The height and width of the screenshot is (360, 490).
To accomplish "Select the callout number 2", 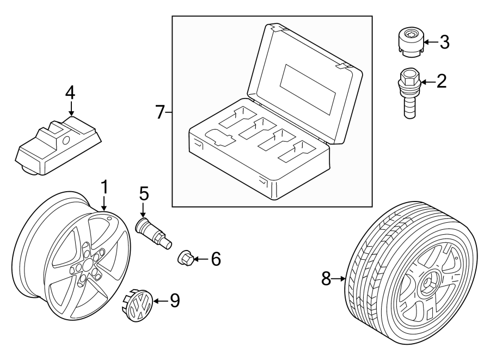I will (x=441, y=82).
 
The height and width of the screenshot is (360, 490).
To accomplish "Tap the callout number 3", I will (x=444, y=42).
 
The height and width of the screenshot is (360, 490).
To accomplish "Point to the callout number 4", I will (x=70, y=92).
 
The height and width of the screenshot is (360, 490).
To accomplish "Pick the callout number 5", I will (x=143, y=193).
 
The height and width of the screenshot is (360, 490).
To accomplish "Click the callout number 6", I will (x=216, y=259).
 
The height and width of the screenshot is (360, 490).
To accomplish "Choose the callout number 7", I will (x=160, y=112).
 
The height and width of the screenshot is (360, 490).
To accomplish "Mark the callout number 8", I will (x=326, y=279).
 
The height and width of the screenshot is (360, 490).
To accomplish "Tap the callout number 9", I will (x=174, y=300).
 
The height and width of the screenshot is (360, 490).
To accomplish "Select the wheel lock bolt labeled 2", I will (x=408, y=93).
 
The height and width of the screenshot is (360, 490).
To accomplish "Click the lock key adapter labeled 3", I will (x=409, y=42).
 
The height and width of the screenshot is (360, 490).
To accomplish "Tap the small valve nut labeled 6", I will (x=185, y=258).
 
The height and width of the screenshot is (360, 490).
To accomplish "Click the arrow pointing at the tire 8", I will (x=341, y=279).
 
